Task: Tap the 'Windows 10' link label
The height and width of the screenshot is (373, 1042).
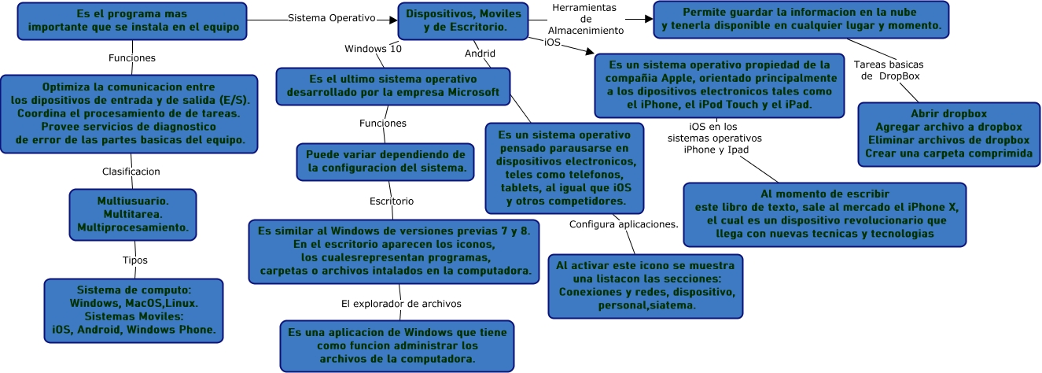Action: coord(373,49)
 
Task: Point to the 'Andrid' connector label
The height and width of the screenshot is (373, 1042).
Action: coord(480,54)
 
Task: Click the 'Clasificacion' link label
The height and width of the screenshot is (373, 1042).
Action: coord(131,171)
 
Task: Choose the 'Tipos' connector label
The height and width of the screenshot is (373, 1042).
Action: coord(135,260)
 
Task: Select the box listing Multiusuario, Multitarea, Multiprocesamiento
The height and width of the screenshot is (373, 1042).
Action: coord(132,213)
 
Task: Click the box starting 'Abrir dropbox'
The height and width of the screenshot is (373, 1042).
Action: coord(948,135)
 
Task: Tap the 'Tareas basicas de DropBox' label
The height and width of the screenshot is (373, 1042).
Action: coord(889,70)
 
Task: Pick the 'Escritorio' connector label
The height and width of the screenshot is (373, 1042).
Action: coord(392,201)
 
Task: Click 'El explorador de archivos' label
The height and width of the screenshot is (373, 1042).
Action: coord(401,303)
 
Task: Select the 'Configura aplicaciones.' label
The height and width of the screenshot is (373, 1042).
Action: coord(624,224)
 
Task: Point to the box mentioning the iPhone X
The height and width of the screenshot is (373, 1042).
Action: coord(825,214)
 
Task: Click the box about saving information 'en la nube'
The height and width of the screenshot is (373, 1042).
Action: coord(802,19)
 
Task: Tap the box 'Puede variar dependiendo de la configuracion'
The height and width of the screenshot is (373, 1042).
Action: coord(385,161)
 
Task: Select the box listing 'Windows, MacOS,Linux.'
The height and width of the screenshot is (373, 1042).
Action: coord(134,310)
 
